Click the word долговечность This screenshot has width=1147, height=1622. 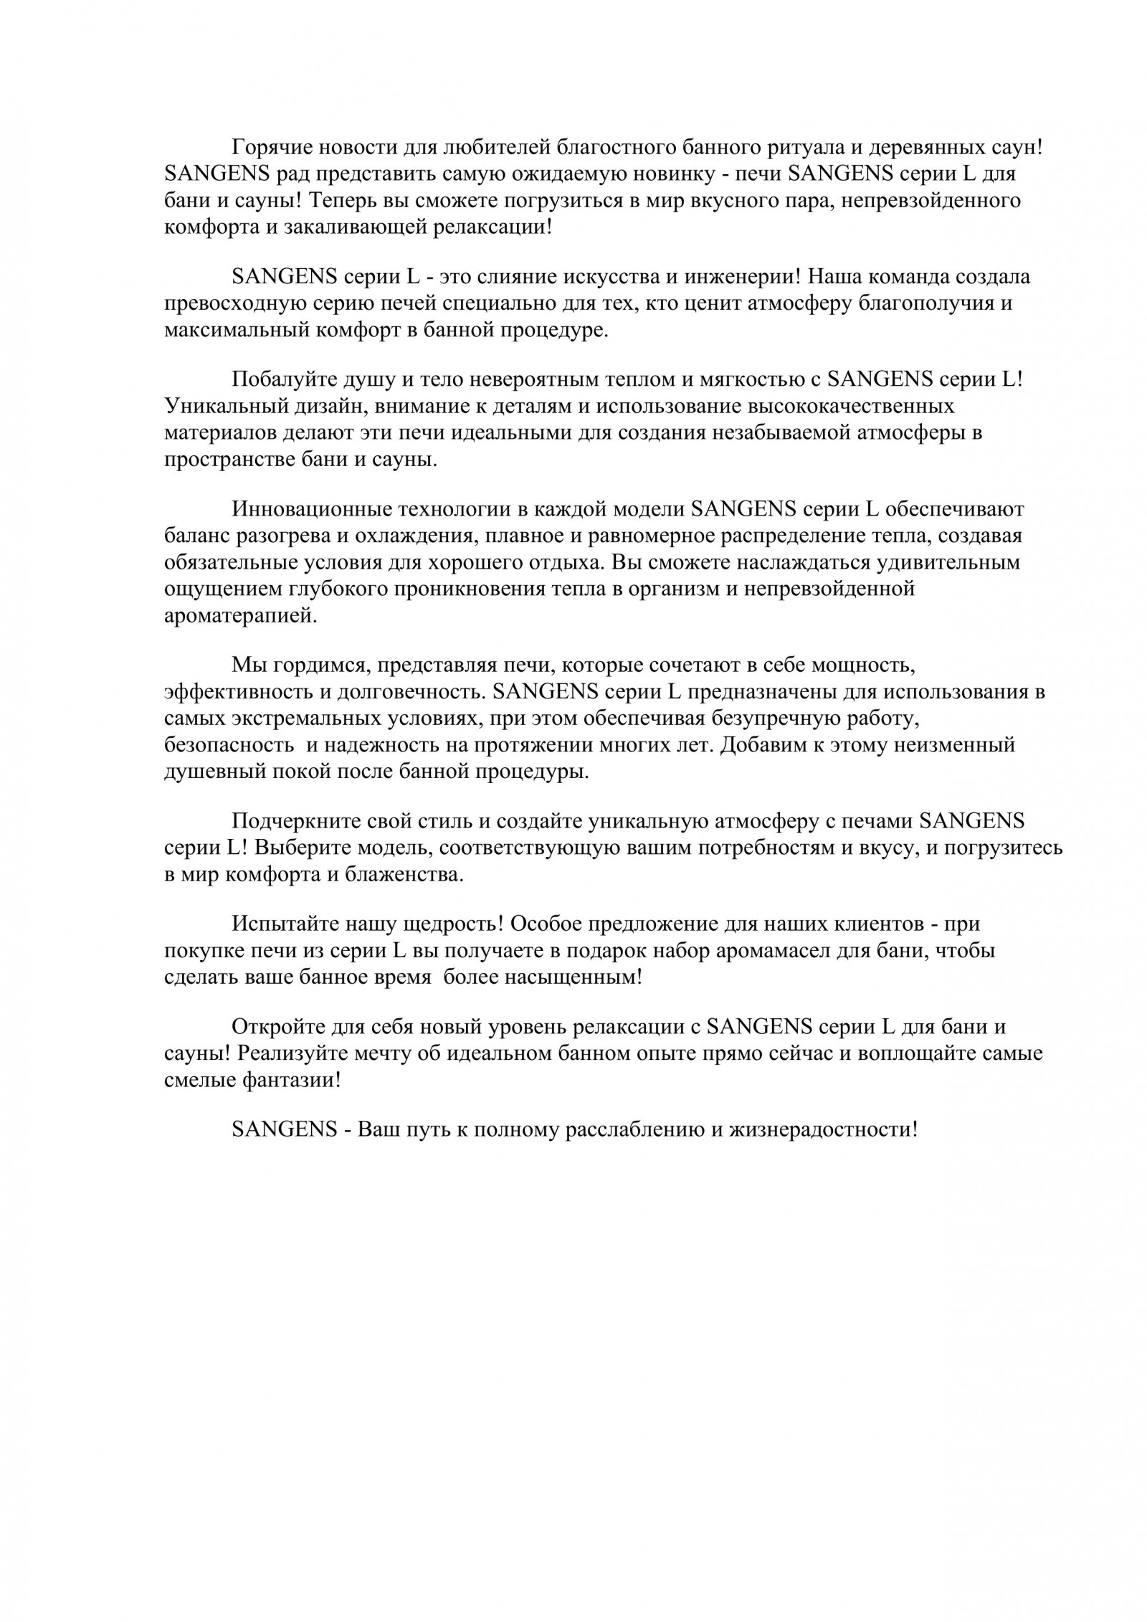click(399, 692)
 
